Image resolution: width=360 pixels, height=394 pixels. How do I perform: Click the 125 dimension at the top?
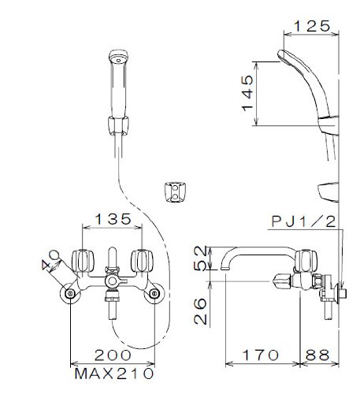[x=311, y=26]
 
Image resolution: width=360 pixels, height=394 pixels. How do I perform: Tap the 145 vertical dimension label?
[x=247, y=93]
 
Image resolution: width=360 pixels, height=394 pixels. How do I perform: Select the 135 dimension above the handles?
[x=113, y=219]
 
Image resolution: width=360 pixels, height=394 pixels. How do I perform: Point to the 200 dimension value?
[x=113, y=355]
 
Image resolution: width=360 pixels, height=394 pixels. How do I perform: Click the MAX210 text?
[x=113, y=374]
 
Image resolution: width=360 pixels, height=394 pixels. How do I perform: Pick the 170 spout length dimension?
[x=261, y=355]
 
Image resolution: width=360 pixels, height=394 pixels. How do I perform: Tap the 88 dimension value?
[x=317, y=355]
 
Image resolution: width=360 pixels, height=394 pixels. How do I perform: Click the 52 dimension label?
[x=200, y=258]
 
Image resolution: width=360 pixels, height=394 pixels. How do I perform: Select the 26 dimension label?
[x=200, y=311]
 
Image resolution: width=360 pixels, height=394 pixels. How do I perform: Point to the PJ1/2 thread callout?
[x=304, y=222]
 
